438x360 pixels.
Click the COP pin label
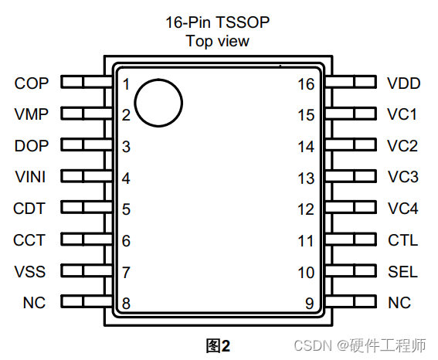31,83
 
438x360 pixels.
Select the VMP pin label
31,115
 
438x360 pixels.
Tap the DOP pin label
31,146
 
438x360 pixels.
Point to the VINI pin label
30,178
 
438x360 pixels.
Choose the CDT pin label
29,209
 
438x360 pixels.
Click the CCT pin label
29,240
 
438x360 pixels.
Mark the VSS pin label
30,271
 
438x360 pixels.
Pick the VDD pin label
403,83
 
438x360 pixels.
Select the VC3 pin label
402,178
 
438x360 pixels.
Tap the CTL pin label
402,240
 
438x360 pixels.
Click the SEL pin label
402,271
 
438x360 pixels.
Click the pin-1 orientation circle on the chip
158,102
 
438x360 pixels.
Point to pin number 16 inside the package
306,84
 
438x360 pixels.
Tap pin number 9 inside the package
310,303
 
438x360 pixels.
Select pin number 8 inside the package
126,303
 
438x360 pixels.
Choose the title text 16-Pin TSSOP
217,22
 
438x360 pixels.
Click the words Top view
217,41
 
